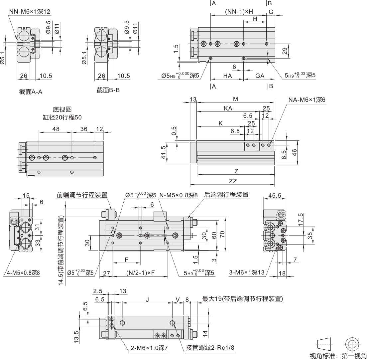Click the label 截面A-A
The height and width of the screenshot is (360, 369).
pyautogui.click(x=31, y=91)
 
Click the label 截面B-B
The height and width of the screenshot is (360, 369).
pyautogui.click(x=108, y=90)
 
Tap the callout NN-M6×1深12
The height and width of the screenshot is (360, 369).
pyautogui.click(x=30, y=12)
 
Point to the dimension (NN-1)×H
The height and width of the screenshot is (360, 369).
pyautogui.click(x=239, y=12)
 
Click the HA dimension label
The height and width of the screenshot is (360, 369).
pyautogui.click(x=227, y=76)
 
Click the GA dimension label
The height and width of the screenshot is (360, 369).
pyautogui.click(x=260, y=76)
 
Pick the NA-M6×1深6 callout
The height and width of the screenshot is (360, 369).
pyautogui.click(x=307, y=99)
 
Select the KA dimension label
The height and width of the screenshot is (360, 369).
pyautogui.click(x=228, y=108)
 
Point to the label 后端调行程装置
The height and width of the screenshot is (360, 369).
pyautogui.click(x=226, y=195)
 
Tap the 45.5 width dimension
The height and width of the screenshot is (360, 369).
pyautogui.click(x=275, y=196)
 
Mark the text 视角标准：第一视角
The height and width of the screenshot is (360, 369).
pyautogui.click(x=338, y=356)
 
